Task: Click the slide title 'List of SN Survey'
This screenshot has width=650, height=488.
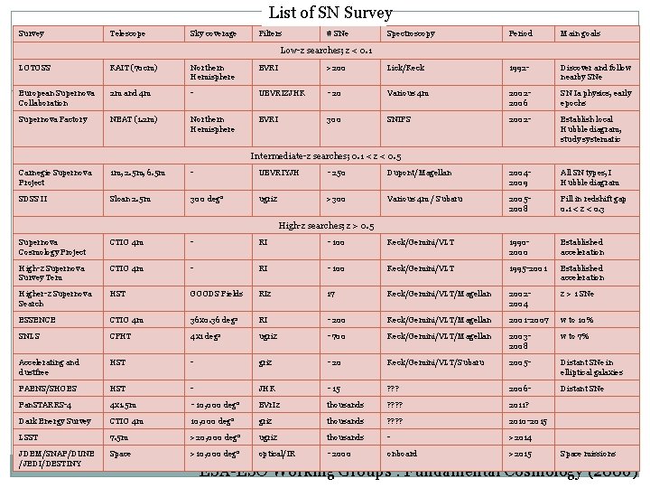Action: tap(330, 13)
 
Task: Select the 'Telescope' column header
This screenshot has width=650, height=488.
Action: tap(127, 33)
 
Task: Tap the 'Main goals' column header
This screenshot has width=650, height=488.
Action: tap(582, 33)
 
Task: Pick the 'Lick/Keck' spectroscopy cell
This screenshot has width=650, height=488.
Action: tap(407, 68)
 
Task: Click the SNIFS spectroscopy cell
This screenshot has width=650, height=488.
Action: tap(400, 118)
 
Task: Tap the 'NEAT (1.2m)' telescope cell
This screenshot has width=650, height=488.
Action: tap(134, 118)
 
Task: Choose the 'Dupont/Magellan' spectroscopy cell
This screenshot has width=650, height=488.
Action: tap(419, 173)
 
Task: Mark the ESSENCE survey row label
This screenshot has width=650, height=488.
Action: tap(37, 319)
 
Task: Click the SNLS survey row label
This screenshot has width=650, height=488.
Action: tap(30, 336)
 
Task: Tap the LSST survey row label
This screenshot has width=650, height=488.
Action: tap(29, 436)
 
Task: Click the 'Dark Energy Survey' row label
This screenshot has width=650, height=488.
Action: tap(53, 420)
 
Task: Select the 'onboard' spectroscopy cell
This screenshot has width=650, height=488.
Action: tap(402, 454)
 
